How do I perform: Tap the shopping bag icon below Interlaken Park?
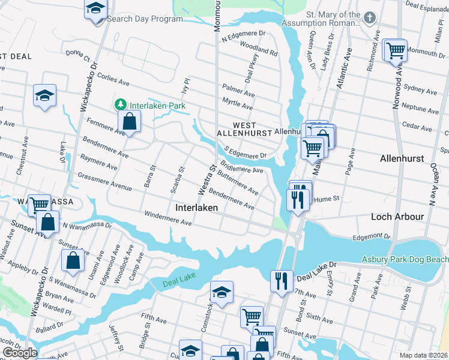pos(130,122)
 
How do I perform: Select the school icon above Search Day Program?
pos(95,9)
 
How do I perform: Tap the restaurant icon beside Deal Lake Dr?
pos(281,280)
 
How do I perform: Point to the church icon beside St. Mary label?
pos(370,17)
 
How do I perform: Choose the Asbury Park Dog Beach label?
pos(405,259)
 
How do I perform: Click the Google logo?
pos(19,352)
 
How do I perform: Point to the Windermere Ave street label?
pos(167,218)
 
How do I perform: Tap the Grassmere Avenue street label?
pos(104,182)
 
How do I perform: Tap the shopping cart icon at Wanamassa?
pos(39,204)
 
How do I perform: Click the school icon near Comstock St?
pos(221,292)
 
